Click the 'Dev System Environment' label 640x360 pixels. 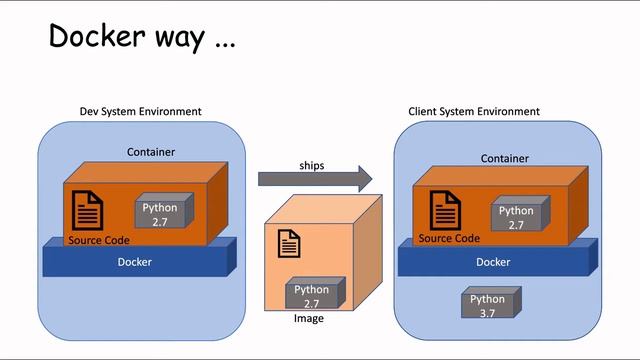tap(140, 111)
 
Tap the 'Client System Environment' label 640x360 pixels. tap(474, 111)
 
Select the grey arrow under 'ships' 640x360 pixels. tap(314, 179)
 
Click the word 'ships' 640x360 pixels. tap(312, 163)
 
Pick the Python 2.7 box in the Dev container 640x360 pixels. tap(159, 214)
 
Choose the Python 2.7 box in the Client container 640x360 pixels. tap(516, 216)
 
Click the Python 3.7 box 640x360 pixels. tap(487, 304)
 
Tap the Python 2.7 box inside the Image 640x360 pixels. tap(311, 296)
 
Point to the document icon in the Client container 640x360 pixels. tap(445, 211)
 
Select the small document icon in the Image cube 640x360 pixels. tap(289, 242)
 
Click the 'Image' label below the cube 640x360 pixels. tap(308, 318)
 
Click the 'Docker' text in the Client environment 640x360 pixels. tap(492, 262)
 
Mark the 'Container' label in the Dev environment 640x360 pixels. tap(151, 152)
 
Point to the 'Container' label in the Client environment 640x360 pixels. tap(505, 158)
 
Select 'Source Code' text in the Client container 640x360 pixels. tap(449, 238)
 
